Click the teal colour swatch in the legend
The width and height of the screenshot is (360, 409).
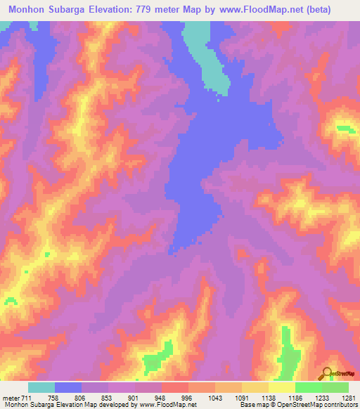click(41, 387)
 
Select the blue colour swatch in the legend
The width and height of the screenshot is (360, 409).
click(68, 387)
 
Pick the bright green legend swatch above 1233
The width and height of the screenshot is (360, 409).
click(309, 387)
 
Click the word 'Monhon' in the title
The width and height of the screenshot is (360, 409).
click(27, 9)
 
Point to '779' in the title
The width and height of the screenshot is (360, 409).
click(163, 9)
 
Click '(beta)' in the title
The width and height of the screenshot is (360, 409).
click(335, 9)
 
